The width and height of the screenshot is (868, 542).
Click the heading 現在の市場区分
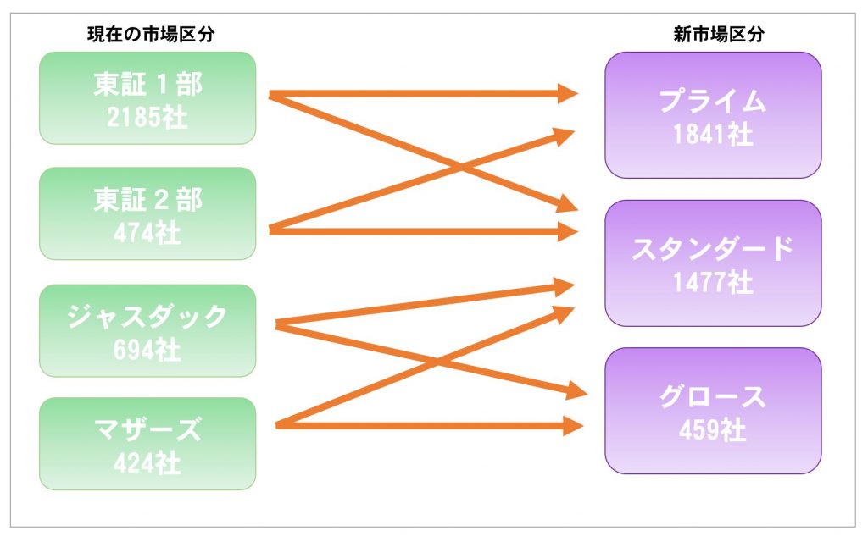151,34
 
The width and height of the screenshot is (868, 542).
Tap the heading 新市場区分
719,34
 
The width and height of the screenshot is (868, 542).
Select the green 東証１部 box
147,98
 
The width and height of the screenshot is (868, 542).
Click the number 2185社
147,117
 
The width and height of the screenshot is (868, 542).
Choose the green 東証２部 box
147,213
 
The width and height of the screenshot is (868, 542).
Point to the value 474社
147,233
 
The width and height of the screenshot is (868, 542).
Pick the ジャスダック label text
147,317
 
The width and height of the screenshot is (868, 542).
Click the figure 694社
147,350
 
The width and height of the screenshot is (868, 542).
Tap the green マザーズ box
147,444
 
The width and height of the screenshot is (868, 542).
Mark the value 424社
147,463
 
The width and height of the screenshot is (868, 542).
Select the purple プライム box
713,115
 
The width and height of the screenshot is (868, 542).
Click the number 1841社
713,135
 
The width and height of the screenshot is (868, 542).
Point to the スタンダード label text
713,249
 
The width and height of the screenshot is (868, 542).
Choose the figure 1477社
713,283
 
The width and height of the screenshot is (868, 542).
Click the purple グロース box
713,411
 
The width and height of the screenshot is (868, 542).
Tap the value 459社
713,430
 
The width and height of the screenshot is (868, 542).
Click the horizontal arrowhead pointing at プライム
567,93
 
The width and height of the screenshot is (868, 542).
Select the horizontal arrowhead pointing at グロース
574,426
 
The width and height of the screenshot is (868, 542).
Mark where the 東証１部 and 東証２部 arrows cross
460,166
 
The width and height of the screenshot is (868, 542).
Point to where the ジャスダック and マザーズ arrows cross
437,362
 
